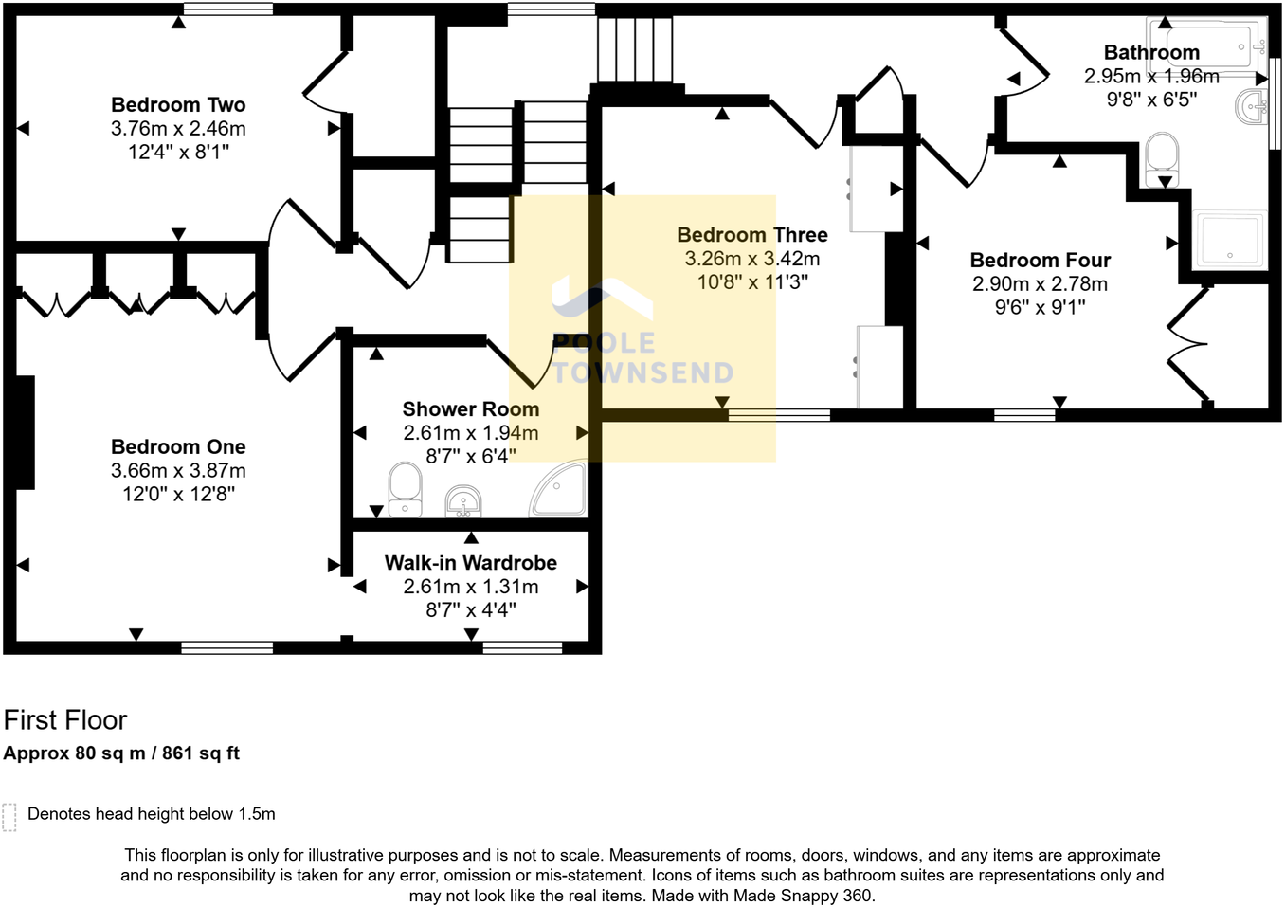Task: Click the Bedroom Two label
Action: pyautogui.click(x=178, y=105)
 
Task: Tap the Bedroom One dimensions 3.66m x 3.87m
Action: pyautogui.click(x=178, y=471)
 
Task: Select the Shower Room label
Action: pyautogui.click(x=471, y=409)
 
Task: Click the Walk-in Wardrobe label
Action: pyautogui.click(x=471, y=563)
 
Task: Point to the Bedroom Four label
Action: pyautogui.click(x=1040, y=261)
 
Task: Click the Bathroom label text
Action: pyautogui.click(x=1151, y=53)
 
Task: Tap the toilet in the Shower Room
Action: pyautogui.click(x=406, y=489)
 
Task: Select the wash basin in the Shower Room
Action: pyautogui.click(x=462, y=500)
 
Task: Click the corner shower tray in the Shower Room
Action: pyautogui.click(x=561, y=491)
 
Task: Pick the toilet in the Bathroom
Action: pyautogui.click(x=1162, y=159)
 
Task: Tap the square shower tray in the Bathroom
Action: pyautogui.click(x=1229, y=239)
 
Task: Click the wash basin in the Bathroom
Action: pyautogui.click(x=1253, y=107)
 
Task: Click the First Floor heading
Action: pyautogui.click(x=65, y=720)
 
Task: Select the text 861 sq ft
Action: pyautogui.click(x=201, y=753)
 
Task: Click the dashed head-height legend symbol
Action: pyautogui.click(x=9, y=816)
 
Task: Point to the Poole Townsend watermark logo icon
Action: pyautogui.click(x=602, y=299)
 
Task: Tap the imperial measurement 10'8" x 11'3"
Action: pyautogui.click(x=752, y=282)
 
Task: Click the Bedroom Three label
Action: pyautogui.click(x=752, y=235)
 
